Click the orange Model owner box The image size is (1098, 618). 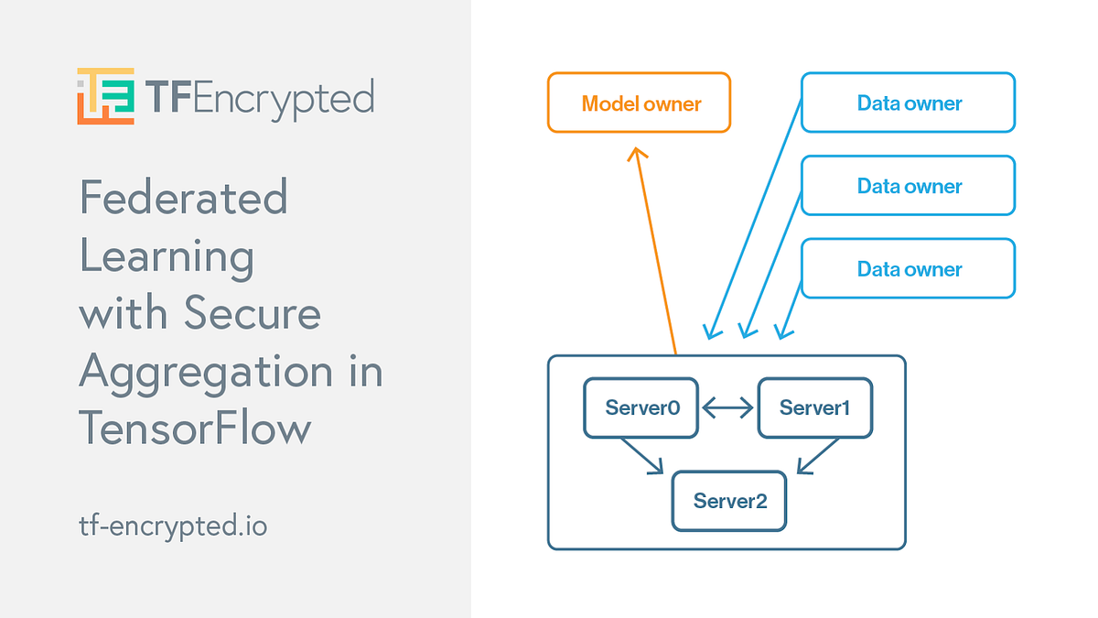pos(639,103)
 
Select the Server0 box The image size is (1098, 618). pos(641,407)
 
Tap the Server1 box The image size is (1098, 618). pos(814,407)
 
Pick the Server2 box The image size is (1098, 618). pos(728,501)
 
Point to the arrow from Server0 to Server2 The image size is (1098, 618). pos(641,455)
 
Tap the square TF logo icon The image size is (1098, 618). pos(105,95)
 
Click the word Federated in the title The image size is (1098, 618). pos(184,197)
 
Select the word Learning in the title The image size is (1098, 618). pos(167,255)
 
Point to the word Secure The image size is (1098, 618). pos(253,313)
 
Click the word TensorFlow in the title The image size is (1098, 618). pos(195,428)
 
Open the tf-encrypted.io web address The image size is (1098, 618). pos(173,526)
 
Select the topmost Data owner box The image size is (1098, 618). pos(908,103)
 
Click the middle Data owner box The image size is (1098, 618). pos(908,186)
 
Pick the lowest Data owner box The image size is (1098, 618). pos(908,269)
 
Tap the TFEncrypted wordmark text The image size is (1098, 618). pos(260,96)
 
